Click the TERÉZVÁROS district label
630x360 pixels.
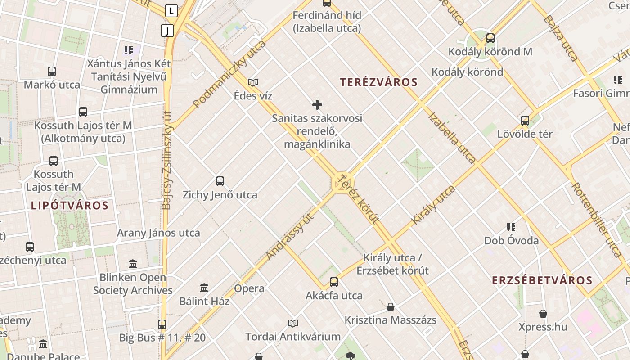378,82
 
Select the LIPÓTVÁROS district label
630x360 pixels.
70,206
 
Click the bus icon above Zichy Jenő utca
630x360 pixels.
220,181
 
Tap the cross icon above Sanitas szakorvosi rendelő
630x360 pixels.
317,105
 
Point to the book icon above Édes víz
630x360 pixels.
253,82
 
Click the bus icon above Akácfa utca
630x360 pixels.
333,282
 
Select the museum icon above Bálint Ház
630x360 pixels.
204,288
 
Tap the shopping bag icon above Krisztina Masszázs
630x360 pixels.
391,307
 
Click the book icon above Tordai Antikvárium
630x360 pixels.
293,323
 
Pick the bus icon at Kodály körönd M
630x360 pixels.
490,38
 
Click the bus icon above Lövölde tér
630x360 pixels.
525,120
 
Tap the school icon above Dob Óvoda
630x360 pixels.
511,227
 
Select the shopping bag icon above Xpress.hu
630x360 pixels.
543,313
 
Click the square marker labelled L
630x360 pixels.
171,10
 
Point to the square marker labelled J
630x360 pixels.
167,31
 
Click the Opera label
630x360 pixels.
249,288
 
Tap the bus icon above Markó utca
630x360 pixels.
52,71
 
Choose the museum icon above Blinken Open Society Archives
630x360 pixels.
133,264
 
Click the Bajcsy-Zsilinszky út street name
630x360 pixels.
166,160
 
